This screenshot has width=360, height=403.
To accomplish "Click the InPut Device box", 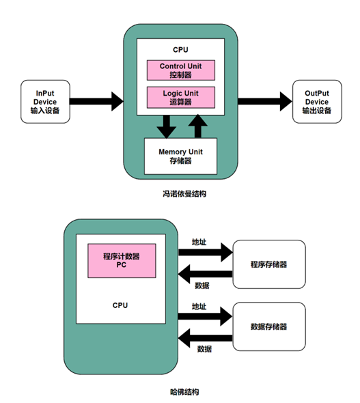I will [x=44, y=102].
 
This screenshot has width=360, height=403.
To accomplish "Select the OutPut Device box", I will [x=316, y=102].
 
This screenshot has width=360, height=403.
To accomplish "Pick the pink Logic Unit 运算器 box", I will [x=181, y=96].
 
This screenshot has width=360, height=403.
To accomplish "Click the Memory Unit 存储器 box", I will [x=180, y=156].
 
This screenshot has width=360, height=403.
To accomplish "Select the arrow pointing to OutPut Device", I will [x=264, y=102].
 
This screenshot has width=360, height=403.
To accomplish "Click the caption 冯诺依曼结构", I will [x=180, y=194].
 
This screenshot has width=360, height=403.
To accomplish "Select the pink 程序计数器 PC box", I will [x=122, y=260].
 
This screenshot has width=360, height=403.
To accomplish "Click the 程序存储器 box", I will [x=268, y=264].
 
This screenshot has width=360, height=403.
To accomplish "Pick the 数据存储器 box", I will [x=268, y=326].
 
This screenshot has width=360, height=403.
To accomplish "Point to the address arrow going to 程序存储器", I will [x=205, y=253].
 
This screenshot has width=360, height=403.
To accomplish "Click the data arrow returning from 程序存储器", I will [x=205, y=275].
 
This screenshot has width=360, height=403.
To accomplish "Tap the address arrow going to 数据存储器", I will [x=205, y=316].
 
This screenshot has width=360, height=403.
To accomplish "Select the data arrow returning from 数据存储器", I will [x=205, y=338].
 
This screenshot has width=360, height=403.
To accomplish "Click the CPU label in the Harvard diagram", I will [x=120, y=305].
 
